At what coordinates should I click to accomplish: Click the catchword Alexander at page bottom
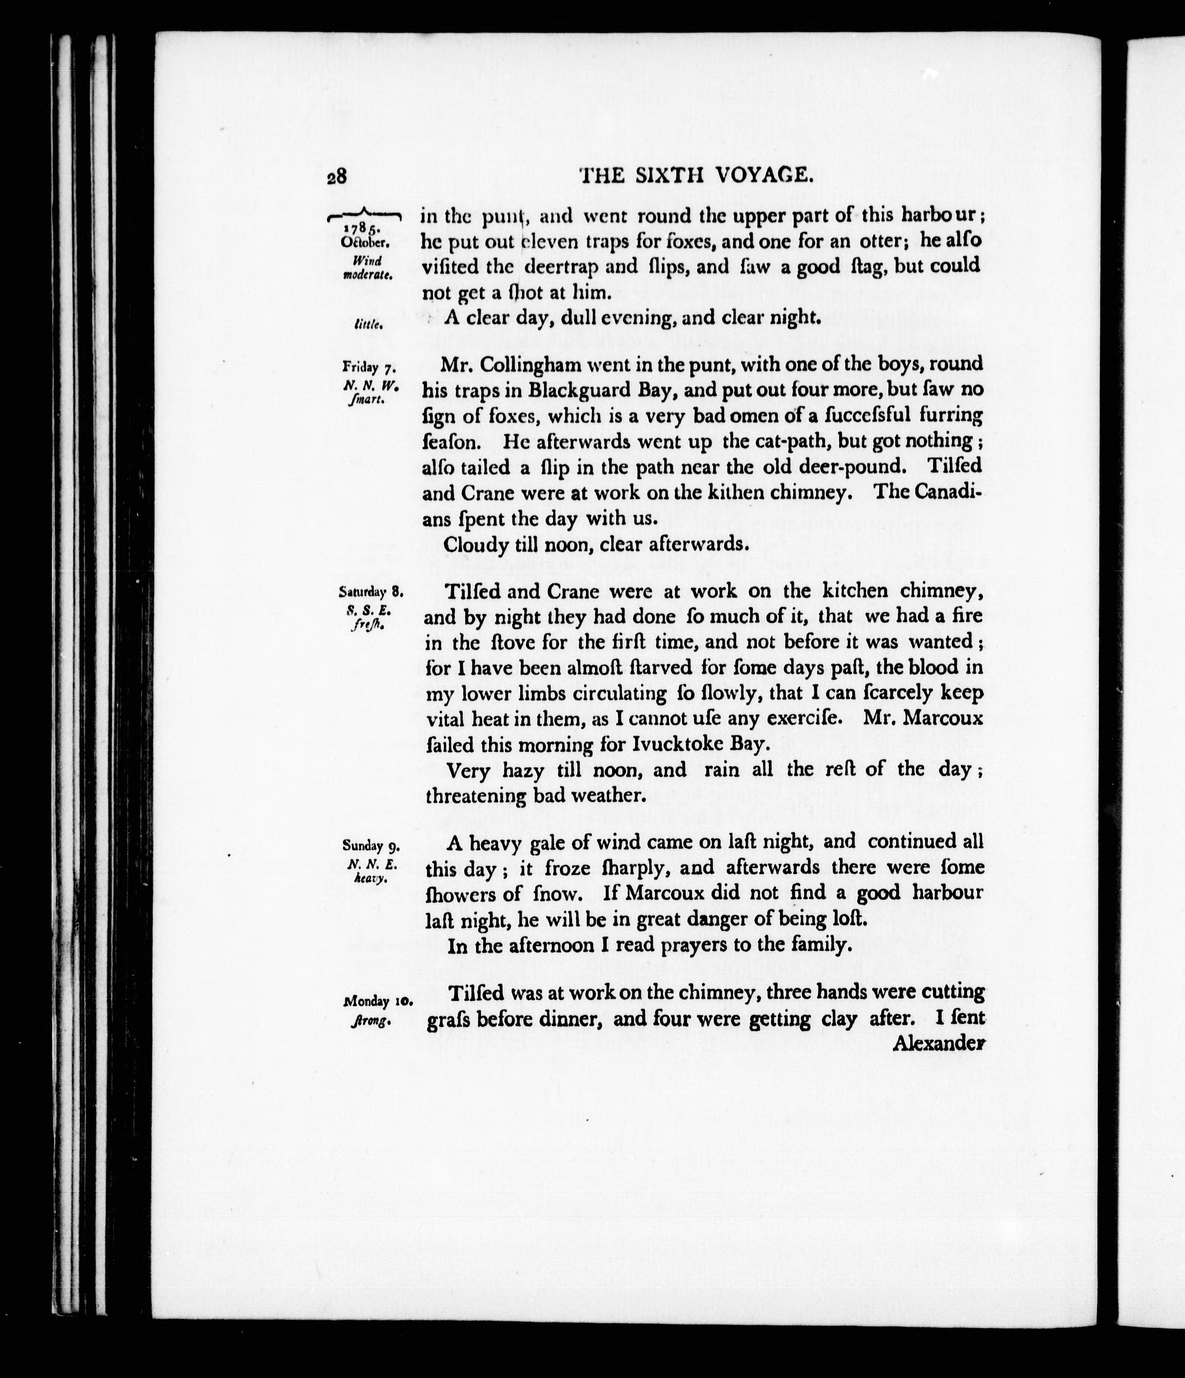coord(937,1044)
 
